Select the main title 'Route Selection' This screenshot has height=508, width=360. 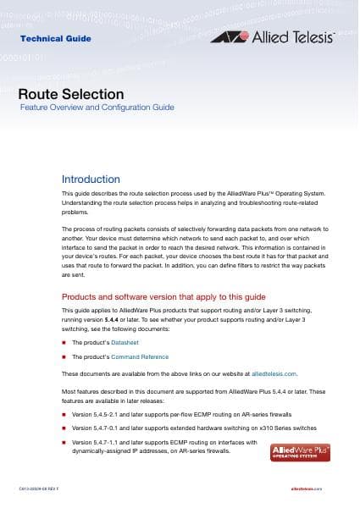(71, 94)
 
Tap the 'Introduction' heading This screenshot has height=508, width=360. (91, 179)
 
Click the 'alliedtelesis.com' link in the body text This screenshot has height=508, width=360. (274, 373)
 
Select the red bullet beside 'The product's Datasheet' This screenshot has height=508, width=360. (64, 343)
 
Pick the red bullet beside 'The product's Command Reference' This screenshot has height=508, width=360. (64, 358)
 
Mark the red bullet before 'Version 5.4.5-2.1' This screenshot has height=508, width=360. (64, 414)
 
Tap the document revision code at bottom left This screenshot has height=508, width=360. (43, 489)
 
